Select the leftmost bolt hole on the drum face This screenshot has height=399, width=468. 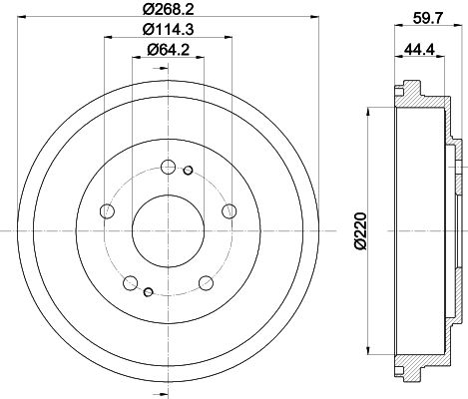pyautogui.click(x=107, y=210)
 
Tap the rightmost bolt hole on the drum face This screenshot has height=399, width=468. pyautogui.click(x=230, y=210)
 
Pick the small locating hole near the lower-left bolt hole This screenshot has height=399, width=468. pyautogui.click(x=147, y=291)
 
